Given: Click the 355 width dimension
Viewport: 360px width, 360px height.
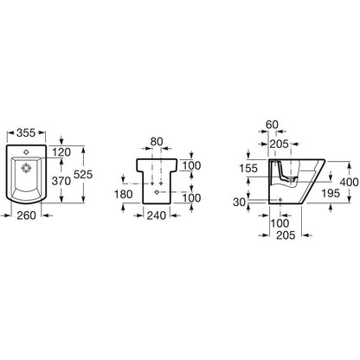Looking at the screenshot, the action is (x=26, y=132).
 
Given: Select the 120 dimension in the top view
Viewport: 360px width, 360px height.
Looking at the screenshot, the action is (x=61, y=152).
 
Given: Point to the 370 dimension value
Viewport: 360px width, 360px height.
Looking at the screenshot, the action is (x=61, y=181).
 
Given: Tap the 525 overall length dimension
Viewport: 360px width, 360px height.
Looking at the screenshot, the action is (x=83, y=175).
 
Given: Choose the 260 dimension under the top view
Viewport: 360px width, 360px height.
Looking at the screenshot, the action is (x=26, y=215).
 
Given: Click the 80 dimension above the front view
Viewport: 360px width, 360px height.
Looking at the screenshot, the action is (x=157, y=142).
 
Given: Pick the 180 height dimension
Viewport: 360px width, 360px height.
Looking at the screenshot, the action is (x=124, y=195).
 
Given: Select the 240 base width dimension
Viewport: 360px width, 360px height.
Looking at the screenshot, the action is (x=157, y=215).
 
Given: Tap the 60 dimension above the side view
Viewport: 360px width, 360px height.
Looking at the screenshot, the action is (x=272, y=125).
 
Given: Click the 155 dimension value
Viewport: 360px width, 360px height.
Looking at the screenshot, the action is (x=248, y=168).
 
